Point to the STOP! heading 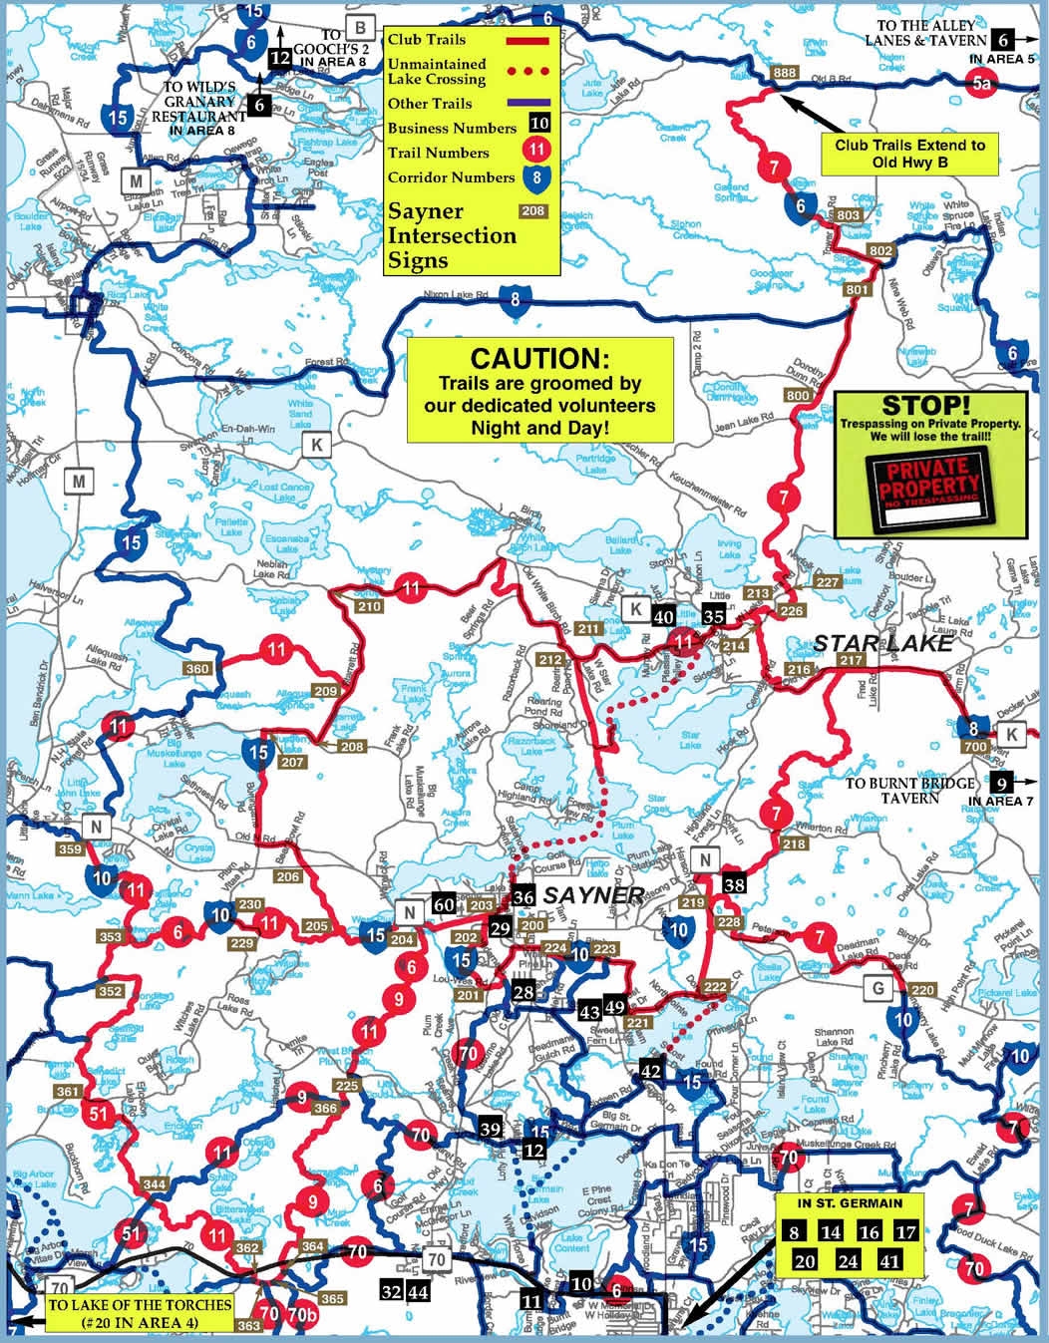coord(924,406)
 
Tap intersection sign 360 coord(197,669)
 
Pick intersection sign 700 coord(975,747)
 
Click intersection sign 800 coord(798,396)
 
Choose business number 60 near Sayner coord(444,904)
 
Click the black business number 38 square coord(734,884)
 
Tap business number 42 coord(650,1071)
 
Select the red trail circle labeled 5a coord(981,85)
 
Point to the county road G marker coord(877,988)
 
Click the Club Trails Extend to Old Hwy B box coord(909,153)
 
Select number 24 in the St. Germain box coord(848,1261)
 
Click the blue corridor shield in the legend coord(537,177)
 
